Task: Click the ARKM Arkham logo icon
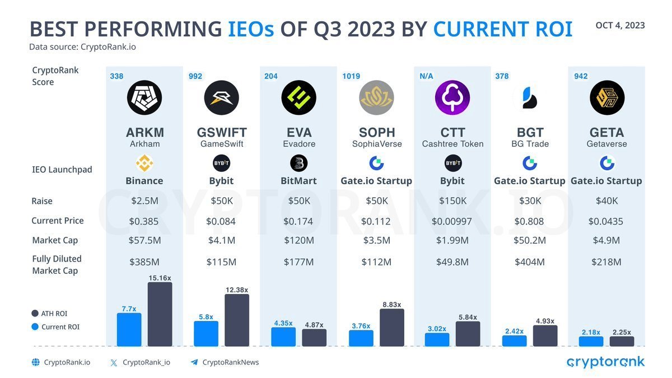click(144, 97)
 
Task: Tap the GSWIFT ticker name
click(222, 133)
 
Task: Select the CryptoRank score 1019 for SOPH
click(352, 76)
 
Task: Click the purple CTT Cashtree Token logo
click(452, 97)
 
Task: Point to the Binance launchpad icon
click(144, 164)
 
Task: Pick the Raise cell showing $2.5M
click(144, 201)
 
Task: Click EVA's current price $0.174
click(298, 221)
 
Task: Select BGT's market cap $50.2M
click(529, 240)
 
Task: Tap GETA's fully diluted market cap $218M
click(606, 262)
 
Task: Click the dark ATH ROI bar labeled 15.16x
click(160, 315)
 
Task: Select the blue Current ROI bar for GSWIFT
click(206, 334)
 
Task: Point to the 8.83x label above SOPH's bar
click(391, 304)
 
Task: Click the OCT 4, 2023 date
click(620, 25)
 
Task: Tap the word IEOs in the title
click(251, 29)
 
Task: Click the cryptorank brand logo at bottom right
click(606, 362)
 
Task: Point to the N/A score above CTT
click(426, 76)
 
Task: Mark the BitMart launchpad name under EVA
click(298, 181)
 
